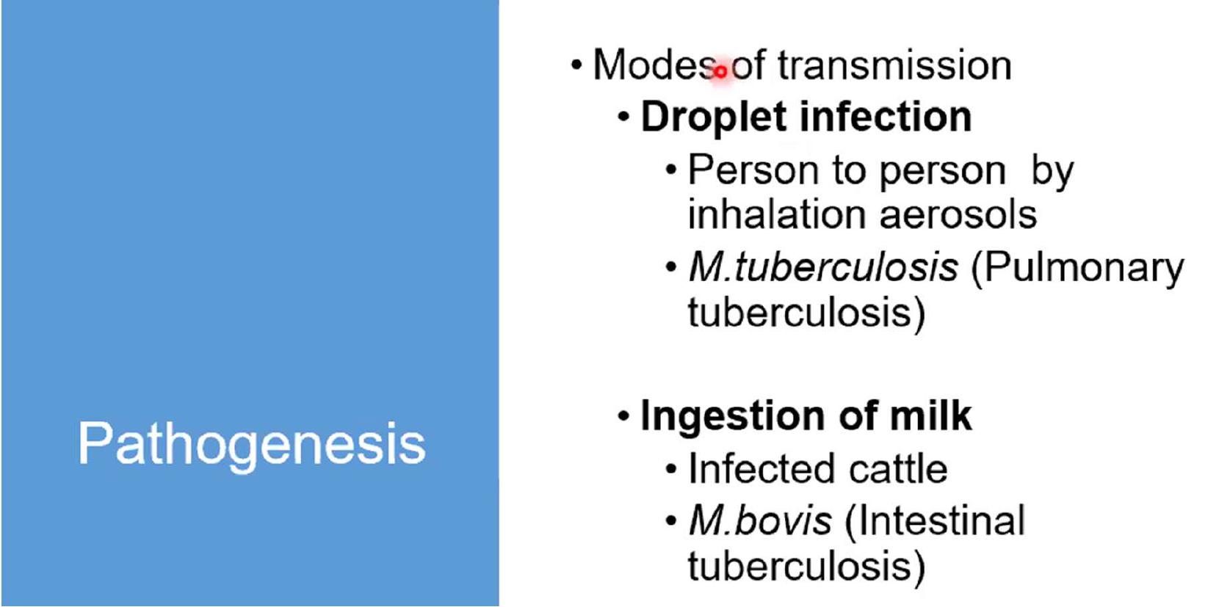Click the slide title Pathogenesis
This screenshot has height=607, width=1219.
point(251,444)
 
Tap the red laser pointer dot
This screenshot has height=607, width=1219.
point(720,71)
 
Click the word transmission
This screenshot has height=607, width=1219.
point(894,65)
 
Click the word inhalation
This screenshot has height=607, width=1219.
point(777,214)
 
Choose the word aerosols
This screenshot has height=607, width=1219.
point(958,215)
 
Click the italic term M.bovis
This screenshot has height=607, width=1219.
point(760,520)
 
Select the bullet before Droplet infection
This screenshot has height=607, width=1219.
point(624,117)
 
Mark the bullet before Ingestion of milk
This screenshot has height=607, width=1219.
point(624,416)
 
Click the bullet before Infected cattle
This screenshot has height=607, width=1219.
point(671,469)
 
